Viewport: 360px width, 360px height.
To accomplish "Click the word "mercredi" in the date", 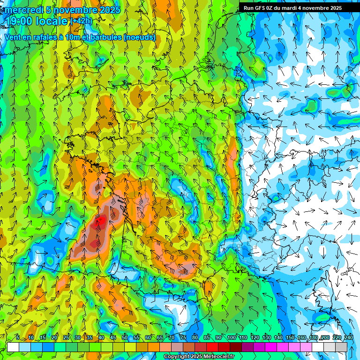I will coord(24,10).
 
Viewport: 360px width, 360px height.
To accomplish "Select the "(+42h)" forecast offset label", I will coord(81,21).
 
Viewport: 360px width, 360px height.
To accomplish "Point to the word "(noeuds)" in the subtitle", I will coord(140,37).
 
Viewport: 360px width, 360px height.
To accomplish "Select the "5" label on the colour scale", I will coord(18,338).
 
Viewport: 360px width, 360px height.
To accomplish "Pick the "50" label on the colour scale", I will coord(125,338).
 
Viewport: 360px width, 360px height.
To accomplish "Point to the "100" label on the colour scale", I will coord(232,338).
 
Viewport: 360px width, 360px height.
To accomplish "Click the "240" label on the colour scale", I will coord(348,338).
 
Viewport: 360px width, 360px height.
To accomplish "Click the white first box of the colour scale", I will coord(13,347).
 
